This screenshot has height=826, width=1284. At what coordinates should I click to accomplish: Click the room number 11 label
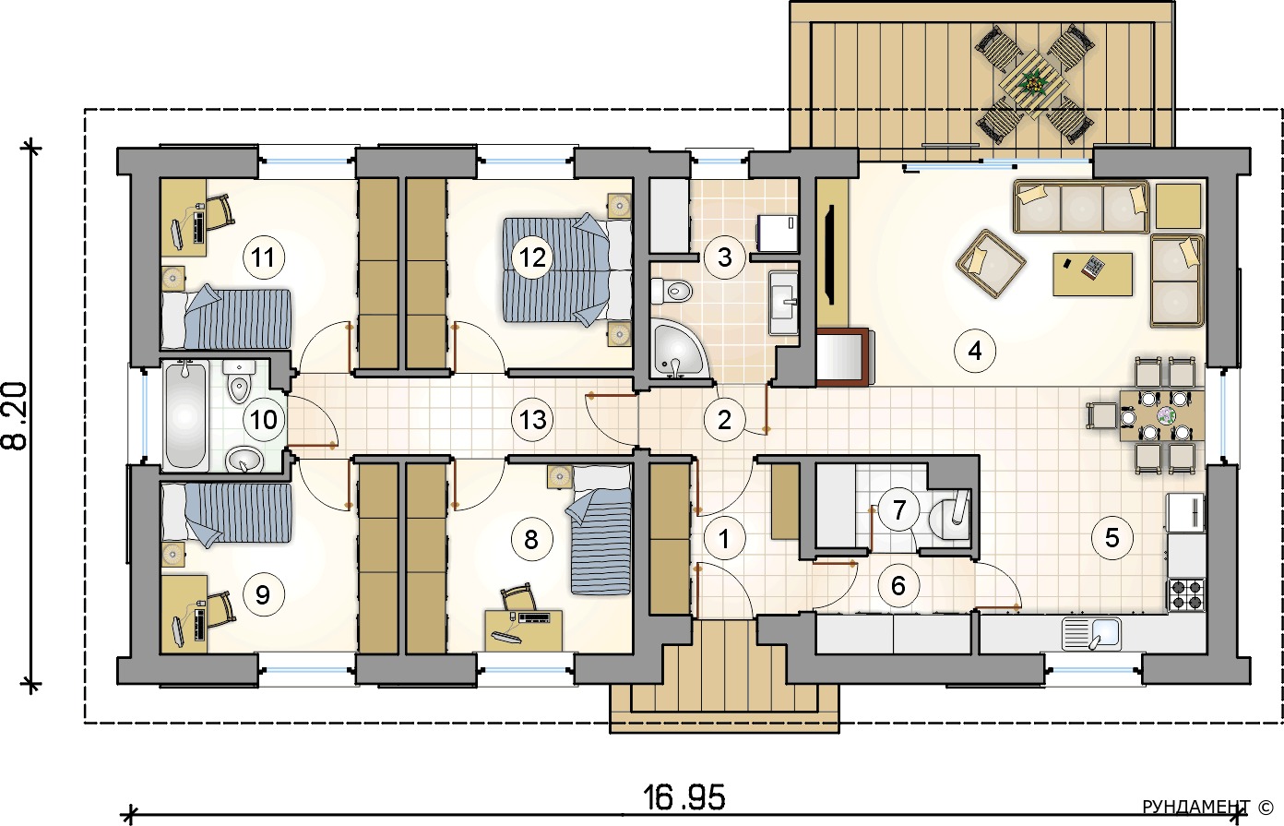click(264, 257)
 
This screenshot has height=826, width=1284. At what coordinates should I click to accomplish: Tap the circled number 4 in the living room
click(974, 351)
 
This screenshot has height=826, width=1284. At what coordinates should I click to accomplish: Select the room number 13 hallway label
click(532, 419)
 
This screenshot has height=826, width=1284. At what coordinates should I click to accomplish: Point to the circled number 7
click(898, 509)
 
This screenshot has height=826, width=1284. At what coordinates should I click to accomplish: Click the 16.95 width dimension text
click(684, 798)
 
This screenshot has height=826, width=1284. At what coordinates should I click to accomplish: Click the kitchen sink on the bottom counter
click(1091, 633)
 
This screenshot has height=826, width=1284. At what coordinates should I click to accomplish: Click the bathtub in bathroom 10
click(184, 415)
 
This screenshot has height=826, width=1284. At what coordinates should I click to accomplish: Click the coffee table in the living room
click(1092, 274)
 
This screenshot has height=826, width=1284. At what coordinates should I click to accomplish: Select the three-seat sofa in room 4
click(1082, 207)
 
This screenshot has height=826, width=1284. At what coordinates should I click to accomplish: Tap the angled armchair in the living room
click(991, 263)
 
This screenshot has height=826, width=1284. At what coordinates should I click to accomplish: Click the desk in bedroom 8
click(523, 630)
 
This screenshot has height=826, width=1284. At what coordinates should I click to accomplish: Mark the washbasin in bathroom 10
click(244, 459)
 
